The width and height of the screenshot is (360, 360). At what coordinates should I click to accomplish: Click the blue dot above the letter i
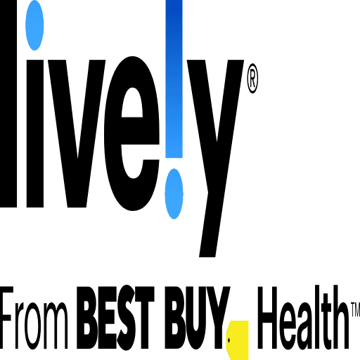tap(34, 25)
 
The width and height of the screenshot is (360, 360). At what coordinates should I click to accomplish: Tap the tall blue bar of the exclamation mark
tap(174, 79)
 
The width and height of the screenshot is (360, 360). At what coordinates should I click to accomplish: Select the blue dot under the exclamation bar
tap(174, 194)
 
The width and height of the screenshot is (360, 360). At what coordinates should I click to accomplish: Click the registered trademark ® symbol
tap(252, 78)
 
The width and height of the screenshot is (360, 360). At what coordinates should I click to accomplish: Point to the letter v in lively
tap(77, 134)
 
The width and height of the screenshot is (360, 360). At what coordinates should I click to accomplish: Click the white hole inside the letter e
tap(132, 103)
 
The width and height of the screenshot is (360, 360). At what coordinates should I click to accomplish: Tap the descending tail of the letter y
tap(210, 225)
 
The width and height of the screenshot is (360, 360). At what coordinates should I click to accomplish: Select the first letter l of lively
tap(8, 103)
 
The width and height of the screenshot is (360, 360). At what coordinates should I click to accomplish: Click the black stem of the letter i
tap(35, 134)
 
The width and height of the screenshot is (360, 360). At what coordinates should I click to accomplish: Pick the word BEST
tap(115, 318)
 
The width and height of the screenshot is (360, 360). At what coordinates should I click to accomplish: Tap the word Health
tap(303, 317)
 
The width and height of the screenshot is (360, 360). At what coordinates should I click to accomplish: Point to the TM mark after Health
tap(355, 309)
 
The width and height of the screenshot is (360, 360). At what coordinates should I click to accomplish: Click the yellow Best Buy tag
tap(237, 340)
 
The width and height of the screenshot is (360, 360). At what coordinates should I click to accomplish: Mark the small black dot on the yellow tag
tap(229, 340)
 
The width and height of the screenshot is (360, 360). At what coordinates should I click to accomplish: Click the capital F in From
tap(6, 318)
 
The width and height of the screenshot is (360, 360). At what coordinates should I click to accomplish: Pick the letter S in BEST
tap(127, 318)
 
